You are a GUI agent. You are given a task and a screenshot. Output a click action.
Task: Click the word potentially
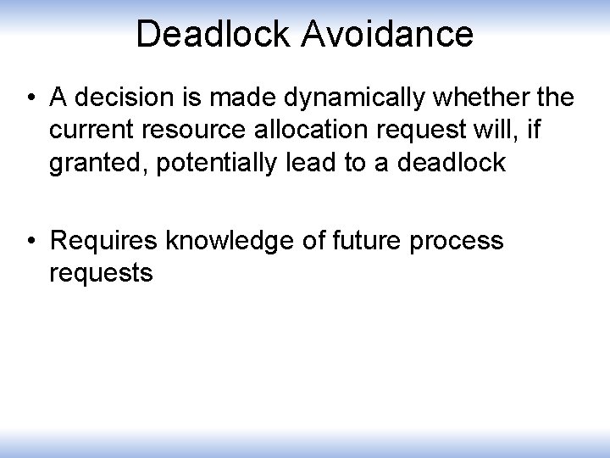point(218,162)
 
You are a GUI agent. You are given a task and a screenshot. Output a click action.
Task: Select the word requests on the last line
point(102,273)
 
